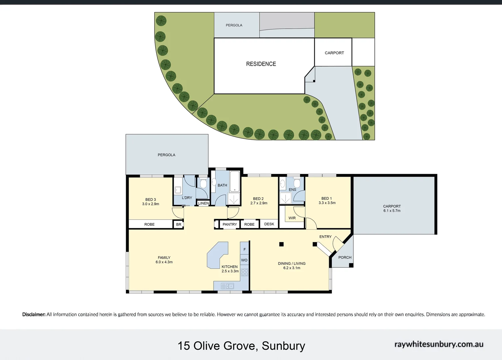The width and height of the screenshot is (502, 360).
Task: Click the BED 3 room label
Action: [151, 200]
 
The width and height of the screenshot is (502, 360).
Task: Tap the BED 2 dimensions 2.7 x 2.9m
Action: [258, 203]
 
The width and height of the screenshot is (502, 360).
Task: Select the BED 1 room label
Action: [326, 198]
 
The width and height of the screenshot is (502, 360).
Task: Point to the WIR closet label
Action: [292, 218]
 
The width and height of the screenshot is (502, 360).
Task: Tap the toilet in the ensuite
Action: [297, 183]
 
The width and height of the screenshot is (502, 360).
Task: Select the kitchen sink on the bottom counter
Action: [228, 286]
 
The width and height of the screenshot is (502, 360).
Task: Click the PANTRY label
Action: [230, 224]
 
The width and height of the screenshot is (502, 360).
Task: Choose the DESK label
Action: [269, 224]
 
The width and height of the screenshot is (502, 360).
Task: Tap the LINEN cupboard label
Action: [203, 203]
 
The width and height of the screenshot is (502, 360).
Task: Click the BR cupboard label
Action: [179, 225]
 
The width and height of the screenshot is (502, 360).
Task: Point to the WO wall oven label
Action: [244, 260]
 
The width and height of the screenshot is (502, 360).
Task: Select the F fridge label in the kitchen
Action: [245, 249]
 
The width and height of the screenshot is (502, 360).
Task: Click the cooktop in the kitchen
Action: [245, 272]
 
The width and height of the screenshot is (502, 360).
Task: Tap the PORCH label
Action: [345, 257]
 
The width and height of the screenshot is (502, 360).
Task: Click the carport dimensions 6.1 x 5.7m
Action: [392, 211]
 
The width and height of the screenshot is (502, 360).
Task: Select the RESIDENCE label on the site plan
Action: [261, 64]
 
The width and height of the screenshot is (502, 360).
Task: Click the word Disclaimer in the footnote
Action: [34, 314]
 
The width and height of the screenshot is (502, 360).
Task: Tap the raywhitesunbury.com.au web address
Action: [439, 344]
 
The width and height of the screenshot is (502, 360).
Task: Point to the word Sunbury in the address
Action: [283, 346]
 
